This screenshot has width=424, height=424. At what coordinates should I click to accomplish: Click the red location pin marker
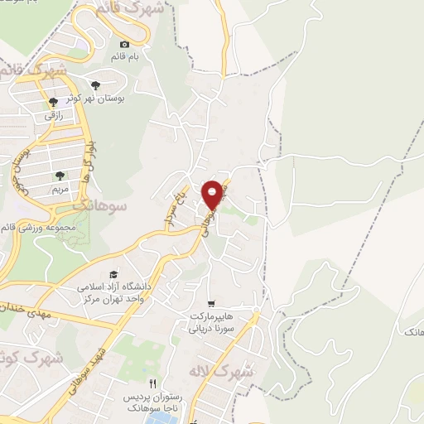(213, 194)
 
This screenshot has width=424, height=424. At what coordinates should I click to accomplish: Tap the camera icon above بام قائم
(125, 44)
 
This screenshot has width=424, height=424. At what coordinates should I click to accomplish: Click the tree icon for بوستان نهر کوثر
(98, 84)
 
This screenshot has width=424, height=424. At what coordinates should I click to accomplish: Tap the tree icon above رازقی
(53, 102)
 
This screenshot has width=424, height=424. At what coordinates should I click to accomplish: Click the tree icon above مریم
(59, 175)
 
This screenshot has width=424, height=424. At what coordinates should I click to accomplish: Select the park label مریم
(59, 189)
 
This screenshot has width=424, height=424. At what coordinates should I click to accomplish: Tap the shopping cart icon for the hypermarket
(212, 304)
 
